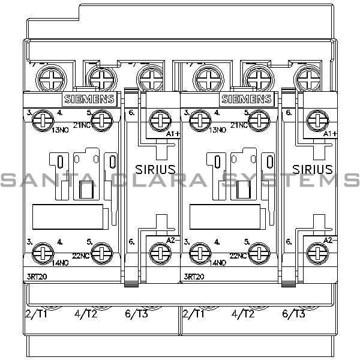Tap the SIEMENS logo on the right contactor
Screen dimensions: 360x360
tap(247, 100)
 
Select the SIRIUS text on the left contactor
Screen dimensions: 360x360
tap(154, 169)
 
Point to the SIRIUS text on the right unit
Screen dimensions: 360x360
tap(313, 169)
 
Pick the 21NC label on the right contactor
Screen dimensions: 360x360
tap(238, 125)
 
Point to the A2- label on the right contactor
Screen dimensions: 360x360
tap(328, 239)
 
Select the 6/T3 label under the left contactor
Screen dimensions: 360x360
tap(138, 314)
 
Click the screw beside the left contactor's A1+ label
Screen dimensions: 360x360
tap(158, 118)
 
